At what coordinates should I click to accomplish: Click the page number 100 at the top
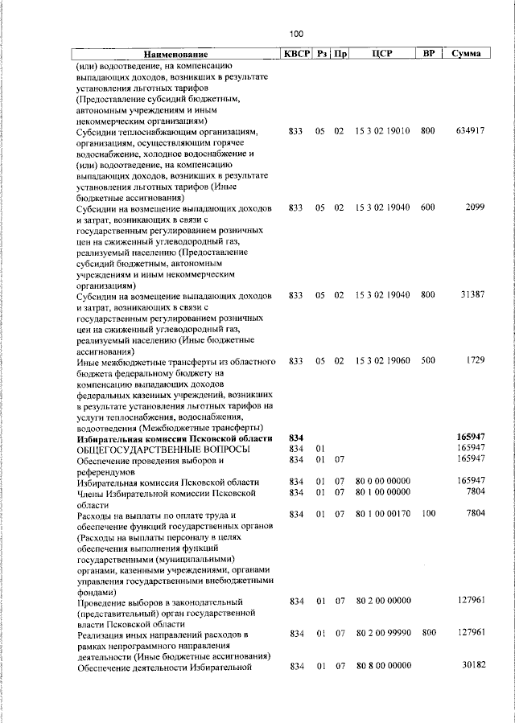click(296, 34)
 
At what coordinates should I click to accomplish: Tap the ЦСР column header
click(382, 54)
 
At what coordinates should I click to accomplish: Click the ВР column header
click(428, 54)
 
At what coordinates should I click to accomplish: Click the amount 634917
click(469, 130)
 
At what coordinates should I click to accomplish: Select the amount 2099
click(474, 207)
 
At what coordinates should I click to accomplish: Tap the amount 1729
click(474, 361)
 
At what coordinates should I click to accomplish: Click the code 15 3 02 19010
click(382, 130)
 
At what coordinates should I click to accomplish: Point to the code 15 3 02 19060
click(382, 361)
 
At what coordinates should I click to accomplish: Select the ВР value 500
click(427, 361)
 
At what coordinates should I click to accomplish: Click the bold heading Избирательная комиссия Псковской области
click(175, 438)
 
